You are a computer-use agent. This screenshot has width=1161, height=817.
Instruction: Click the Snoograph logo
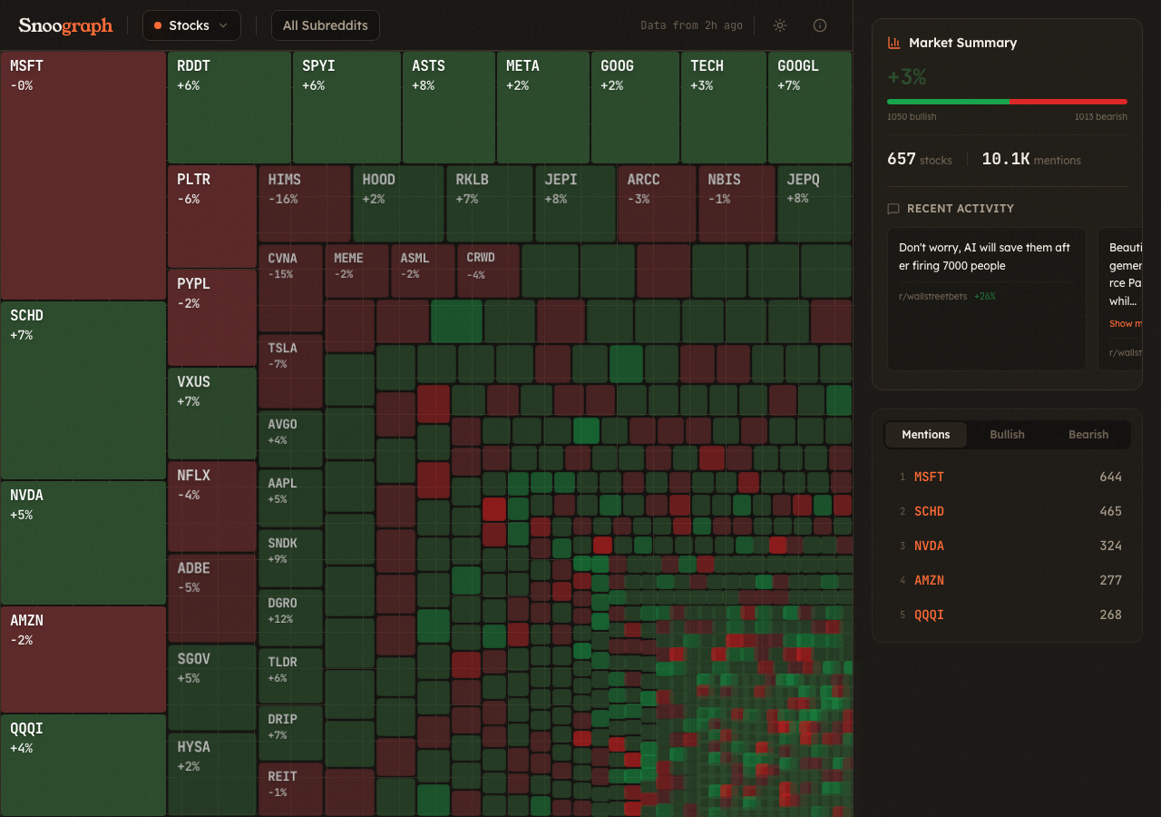pos(65,25)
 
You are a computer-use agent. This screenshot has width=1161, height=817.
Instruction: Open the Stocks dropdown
pos(191,25)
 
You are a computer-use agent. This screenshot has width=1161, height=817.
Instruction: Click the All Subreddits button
pos(326,25)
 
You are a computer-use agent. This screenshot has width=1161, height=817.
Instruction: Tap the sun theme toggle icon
pos(779,25)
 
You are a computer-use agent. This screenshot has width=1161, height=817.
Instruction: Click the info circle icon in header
pos(820,25)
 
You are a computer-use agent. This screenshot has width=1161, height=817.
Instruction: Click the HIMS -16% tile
pos(304,202)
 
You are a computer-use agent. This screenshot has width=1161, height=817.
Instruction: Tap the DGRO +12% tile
pos(290,615)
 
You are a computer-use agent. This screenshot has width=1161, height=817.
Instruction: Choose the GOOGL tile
pos(809,107)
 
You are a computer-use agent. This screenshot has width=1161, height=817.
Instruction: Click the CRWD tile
pos(488,270)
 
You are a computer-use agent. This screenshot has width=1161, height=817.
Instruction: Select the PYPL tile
pos(211,317)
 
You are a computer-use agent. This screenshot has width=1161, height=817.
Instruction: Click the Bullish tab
pos(1007,435)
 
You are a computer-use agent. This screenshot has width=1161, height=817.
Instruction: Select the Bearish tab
pos(1088,435)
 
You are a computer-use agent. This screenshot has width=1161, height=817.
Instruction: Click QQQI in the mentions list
pos(929,615)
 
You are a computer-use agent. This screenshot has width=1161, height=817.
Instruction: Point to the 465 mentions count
pos(1110,511)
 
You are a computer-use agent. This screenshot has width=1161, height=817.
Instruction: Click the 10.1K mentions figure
pos(1005,159)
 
